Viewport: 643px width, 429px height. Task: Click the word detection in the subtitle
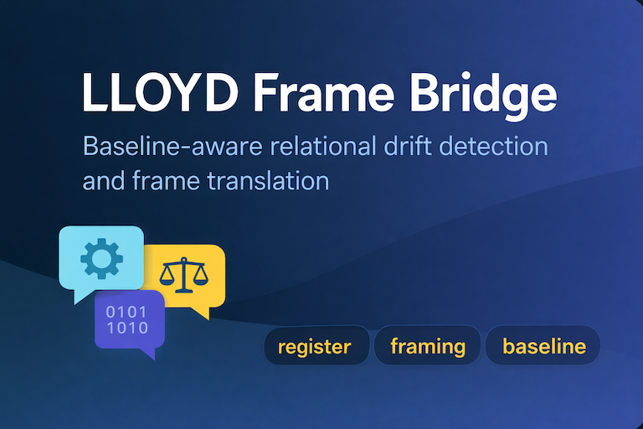(501, 147)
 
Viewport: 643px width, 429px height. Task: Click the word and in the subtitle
(104, 180)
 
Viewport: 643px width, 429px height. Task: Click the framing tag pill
(428, 346)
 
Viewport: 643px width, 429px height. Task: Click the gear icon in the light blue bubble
(101, 257)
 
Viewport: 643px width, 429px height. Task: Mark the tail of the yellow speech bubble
(200, 313)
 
